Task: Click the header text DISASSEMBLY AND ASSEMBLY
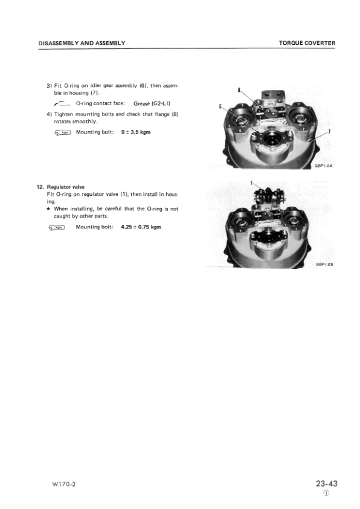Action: (x=82, y=43)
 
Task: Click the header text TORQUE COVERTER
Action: (x=307, y=43)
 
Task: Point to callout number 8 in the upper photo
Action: (x=239, y=91)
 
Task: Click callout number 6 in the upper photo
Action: (x=220, y=106)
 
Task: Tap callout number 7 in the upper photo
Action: (x=328, y=132)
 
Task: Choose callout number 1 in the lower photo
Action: (x=251, y=182)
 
